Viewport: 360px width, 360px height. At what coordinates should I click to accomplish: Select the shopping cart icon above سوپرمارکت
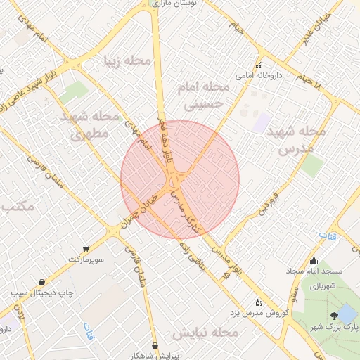86,248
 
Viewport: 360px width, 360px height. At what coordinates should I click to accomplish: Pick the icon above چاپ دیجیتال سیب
42,282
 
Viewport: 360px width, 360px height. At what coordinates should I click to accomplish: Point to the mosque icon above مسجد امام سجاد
314,261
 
